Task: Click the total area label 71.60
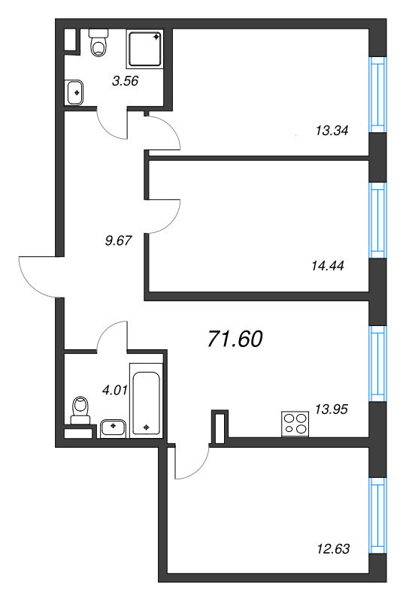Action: tap(235, 339)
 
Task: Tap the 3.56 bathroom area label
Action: tap(125, 81)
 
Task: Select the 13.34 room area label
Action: tap(332, 131)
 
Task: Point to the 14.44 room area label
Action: tap(328, 265)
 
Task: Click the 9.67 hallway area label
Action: tap(118, 240)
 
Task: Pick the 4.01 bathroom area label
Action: tap(115, 390)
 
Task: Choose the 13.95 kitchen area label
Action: tap(331, 409)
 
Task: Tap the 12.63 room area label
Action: tap(333, 549)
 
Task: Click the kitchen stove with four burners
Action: tap(295, 424)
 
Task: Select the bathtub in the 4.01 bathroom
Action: tap(146, 400)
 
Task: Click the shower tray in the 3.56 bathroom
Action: tap(145, 49)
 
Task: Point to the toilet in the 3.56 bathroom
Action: tap(98, 42)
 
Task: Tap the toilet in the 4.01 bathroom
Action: tap(81, 410)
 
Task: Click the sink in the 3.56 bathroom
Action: tap(74, 92)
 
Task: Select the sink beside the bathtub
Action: tap(113, 428)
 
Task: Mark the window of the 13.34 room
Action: tap(377, 95)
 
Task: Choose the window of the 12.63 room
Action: tap(377, 515)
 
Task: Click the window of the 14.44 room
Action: tap(377, 220)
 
